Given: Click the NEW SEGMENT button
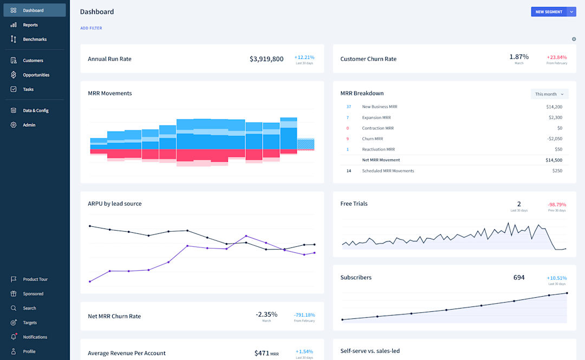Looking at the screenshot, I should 548,11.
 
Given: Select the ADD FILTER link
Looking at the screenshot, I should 91,28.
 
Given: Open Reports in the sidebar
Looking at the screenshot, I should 30,25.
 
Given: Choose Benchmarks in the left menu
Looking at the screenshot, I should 35,40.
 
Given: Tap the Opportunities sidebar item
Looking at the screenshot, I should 36,75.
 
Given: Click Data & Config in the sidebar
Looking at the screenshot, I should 36,110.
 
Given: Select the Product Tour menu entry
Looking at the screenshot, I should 35,279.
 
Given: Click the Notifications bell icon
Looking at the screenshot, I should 14,337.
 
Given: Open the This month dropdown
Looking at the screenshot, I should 549,94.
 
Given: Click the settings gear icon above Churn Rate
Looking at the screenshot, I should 574,39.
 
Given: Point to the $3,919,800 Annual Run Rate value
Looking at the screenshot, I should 266,59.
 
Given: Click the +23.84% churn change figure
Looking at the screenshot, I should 556,57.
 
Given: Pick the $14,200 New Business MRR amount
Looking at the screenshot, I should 554,107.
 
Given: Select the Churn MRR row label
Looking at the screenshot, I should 373,139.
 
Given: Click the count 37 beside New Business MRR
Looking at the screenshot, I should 348,107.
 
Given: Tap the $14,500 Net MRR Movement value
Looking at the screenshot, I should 554,160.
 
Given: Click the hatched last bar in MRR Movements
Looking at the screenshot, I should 305,144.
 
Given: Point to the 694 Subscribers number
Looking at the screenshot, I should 519,278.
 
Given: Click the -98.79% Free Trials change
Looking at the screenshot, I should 556,205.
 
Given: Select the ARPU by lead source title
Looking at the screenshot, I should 115,204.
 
